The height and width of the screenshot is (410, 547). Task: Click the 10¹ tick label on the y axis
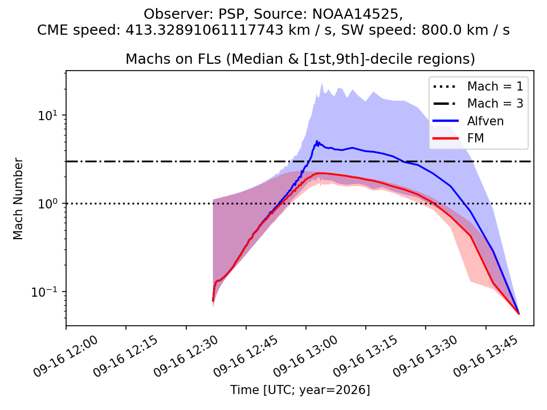pyautogui.click(x=48, y=116)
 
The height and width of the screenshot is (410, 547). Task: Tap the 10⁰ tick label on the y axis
pyautogui.click(x=48, y=204)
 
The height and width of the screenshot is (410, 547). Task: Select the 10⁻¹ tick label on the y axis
pyautogui.click(x=46, y=292)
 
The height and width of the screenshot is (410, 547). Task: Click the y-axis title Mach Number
pyautogui.click(x=18, y=199)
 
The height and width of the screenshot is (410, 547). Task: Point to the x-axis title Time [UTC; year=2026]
pyautogui.click(x=300, y=389)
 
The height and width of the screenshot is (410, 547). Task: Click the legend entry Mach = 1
pyautogui.click(x=478, y=86)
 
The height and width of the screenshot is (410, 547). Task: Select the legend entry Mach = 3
pyautogui.click(x=478, y=103)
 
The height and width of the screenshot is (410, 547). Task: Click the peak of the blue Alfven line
pyautogui.click(x=317, y=141)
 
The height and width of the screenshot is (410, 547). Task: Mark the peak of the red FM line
pyautogui.click(x=319, y=173)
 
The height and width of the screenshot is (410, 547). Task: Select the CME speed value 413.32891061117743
pyautogui.click(x=205, y=30)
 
